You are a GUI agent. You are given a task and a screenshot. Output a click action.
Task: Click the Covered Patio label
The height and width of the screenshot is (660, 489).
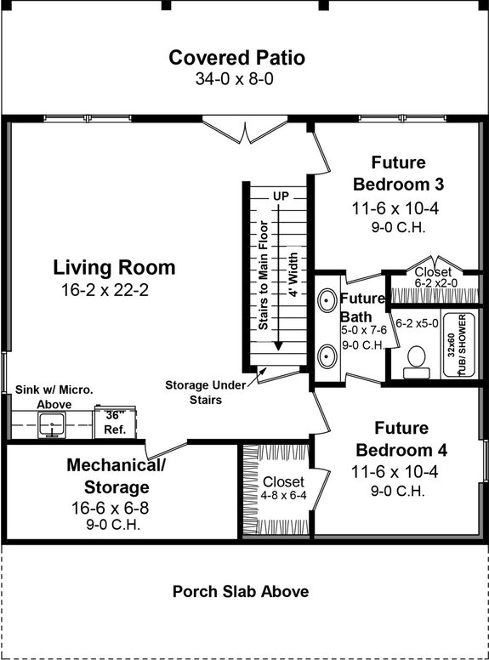(x=236, y=58)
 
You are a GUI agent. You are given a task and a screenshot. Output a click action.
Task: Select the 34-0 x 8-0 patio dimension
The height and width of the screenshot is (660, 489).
(x=236, y=79)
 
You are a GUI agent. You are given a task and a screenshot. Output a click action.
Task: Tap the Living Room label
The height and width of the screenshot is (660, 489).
(x=114, y=268)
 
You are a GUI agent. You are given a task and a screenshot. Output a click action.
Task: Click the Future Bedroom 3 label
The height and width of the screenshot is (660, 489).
(x=398, y=174)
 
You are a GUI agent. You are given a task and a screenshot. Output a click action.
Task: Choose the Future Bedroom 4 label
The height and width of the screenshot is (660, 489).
(x=398, y=439)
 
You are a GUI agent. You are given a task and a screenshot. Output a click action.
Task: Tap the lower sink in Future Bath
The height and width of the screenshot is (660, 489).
(x=327, y=355)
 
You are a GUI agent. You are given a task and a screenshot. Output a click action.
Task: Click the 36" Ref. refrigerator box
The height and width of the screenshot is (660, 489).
(x=112, y=423)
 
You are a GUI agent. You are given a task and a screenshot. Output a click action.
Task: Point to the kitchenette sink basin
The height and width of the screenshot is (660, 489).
(x=53, y=424)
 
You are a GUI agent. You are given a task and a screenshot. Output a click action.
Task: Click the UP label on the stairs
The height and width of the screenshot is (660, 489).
(x=281, y=196)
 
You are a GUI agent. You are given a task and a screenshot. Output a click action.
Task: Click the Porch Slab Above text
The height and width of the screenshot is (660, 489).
(x=241, y=591)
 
